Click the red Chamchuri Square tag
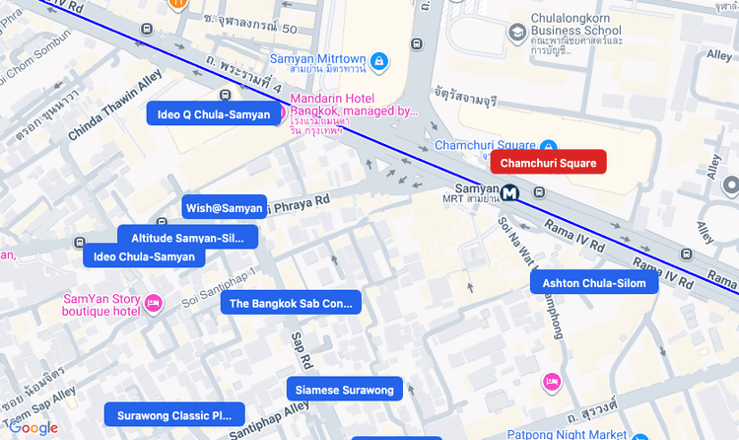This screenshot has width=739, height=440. (x=548, y=162)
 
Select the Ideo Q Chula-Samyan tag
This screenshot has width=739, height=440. (x=213, y=114)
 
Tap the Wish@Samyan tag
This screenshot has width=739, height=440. (x=225, y=207)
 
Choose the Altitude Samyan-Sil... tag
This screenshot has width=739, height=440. (x=187, y=238)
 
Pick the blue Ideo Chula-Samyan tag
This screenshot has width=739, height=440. (x=144, y=257)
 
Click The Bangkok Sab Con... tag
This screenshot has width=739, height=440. (x=291, y=303)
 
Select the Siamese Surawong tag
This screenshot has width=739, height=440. (x=344, y=390)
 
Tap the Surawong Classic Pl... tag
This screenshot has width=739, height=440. (x=174, y=415)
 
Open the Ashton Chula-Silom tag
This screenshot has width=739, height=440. (x=594, y=283)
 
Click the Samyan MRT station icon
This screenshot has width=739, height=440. (x=509, y=192)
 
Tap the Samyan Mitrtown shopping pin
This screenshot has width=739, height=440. (x=379, y=62)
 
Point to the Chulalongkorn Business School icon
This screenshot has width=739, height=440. (x=516, y=34)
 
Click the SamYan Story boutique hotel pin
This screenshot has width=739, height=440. (x=153, y=303)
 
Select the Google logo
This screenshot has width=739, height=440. (x=34, y=428)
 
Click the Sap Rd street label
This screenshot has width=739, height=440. (x=301, y=349)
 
